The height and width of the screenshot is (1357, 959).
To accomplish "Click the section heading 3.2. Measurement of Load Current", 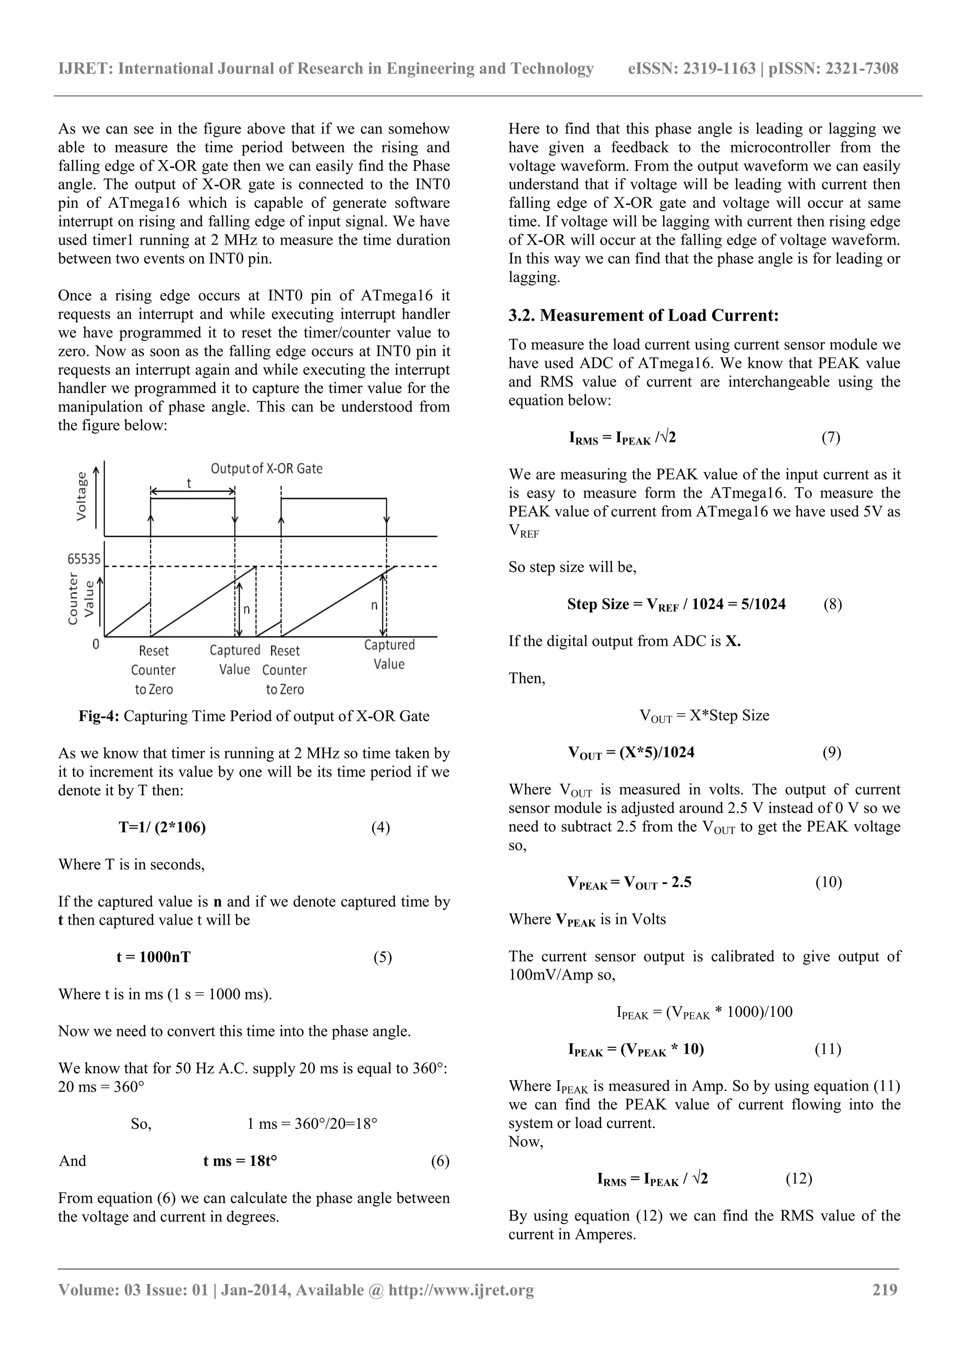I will pos(643,316).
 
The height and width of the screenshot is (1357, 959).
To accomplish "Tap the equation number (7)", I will pos(831,438).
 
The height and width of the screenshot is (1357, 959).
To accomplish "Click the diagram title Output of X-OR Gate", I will pos(266,469).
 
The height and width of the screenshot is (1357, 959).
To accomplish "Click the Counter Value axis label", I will pos(81,599).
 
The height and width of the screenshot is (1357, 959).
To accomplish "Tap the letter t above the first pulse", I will pos(189,483).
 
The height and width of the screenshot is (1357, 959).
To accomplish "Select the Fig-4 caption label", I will pos(99,716).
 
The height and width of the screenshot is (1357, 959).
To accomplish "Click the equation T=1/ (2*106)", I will pos(162,827).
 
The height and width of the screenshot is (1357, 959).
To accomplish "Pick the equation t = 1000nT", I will pos(154,957).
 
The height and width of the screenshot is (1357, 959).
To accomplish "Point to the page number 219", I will pos(885,1290).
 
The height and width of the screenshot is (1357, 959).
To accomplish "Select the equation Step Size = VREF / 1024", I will pos(676,605).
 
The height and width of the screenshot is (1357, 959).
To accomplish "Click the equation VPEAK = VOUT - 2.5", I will pos(629,883).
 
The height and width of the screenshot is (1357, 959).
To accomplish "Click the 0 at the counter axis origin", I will pos(96,644).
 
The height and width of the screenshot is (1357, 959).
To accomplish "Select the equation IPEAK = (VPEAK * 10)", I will pos(636,1050).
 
